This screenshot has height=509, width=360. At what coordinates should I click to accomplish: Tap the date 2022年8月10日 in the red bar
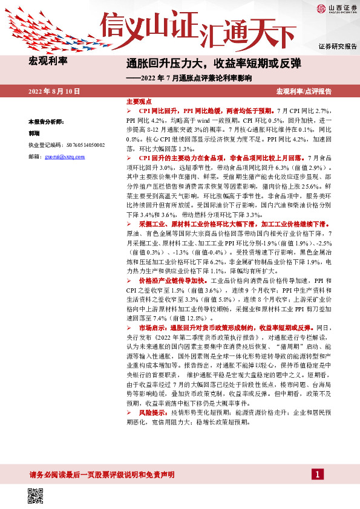tap(54, 91)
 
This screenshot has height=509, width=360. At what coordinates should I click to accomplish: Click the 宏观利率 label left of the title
tap(48, 60)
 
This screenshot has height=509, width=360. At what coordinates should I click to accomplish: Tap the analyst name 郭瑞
tap(34, 133)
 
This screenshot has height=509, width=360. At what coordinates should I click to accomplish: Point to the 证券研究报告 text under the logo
tap(337, 46)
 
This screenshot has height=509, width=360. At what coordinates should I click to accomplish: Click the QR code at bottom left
tap(36, 496)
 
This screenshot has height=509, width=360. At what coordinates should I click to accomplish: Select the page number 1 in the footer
tap(316, 475)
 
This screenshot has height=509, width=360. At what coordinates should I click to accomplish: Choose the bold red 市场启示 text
tap(153, 327)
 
